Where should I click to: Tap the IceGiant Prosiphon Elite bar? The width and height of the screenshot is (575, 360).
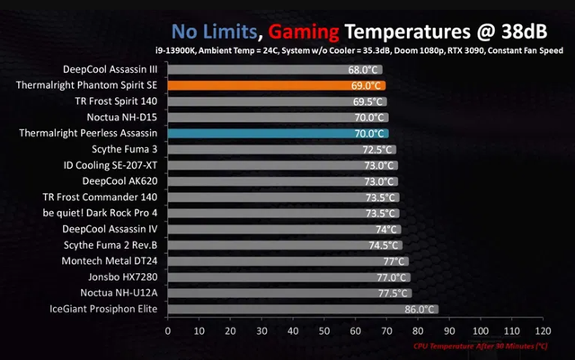coord(302,310)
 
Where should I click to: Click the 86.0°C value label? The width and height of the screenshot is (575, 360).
coord(420,310)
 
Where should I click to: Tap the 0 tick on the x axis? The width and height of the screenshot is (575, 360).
coord(167,330)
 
